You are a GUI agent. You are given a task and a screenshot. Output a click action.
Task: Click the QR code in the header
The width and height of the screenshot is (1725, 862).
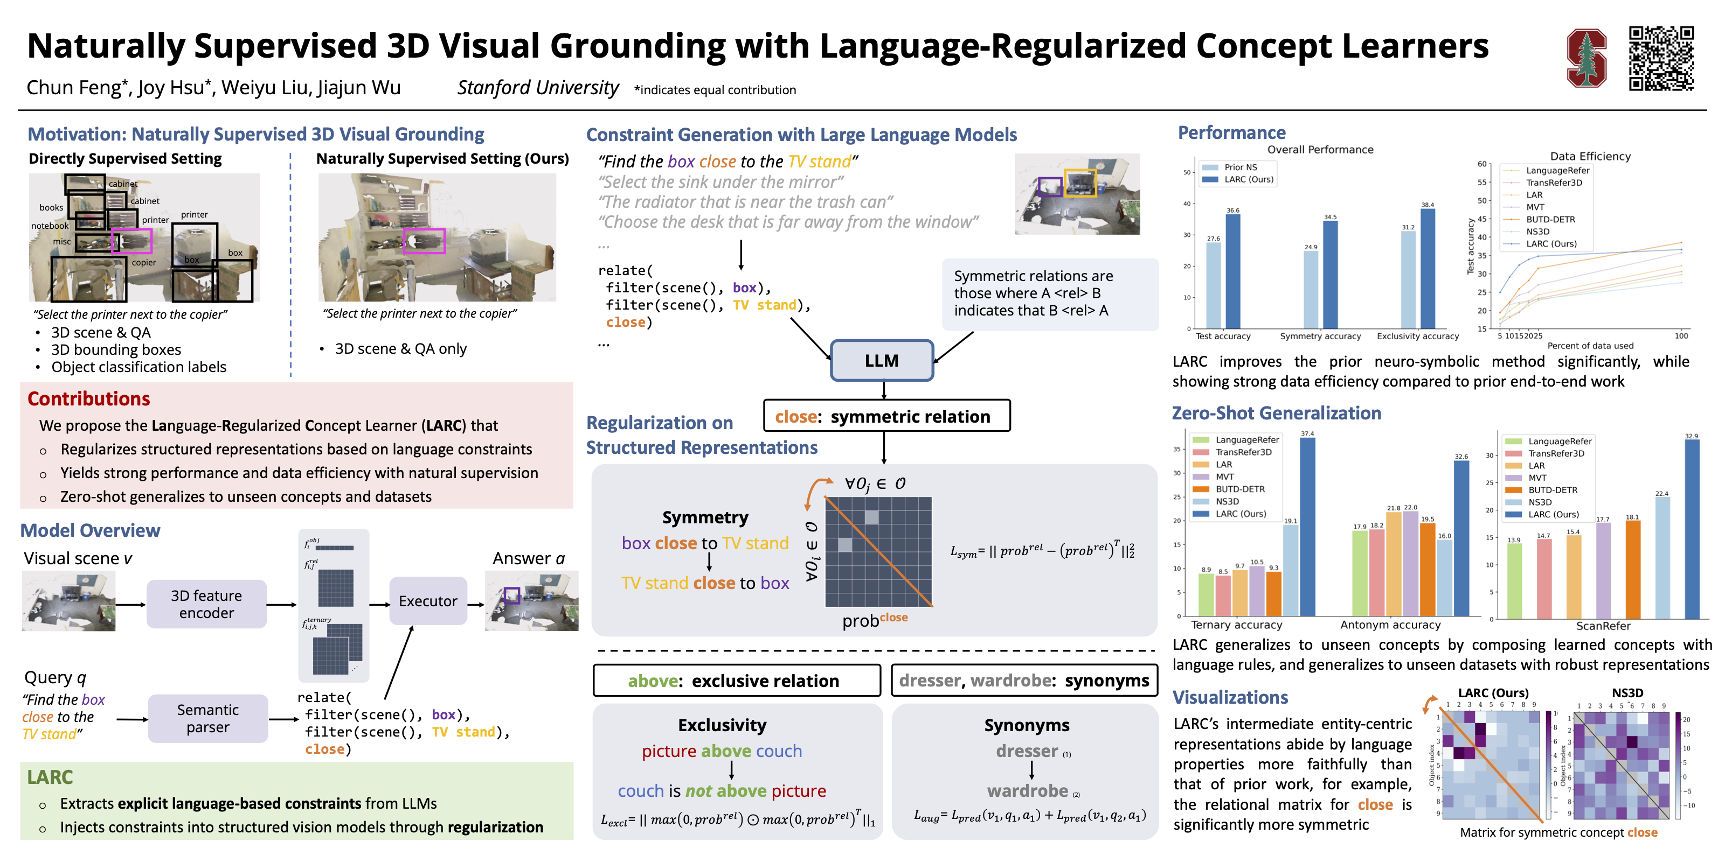pos(1661,58)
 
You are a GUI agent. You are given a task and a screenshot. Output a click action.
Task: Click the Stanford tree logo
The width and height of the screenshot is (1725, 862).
pos(1587,58)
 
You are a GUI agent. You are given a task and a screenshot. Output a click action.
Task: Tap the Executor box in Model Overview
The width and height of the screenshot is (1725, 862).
pos(428,601)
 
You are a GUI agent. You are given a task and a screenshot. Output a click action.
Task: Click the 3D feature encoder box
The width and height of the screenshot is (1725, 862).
pos(206,604)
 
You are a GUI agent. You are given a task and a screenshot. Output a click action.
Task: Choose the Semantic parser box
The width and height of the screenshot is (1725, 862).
pos(207,719)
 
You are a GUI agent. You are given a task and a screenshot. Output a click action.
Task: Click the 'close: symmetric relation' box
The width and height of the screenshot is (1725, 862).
pos(886,416)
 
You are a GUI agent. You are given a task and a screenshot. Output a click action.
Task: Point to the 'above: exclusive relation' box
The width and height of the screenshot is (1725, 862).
pos(736,681)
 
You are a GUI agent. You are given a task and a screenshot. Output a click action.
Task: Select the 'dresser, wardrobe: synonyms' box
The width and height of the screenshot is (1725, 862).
pos(1024,681)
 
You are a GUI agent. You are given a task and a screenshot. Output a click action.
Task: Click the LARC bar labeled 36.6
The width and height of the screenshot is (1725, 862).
pos(1233,271)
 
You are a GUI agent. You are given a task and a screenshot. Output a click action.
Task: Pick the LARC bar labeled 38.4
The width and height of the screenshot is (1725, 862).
pos(1428,268)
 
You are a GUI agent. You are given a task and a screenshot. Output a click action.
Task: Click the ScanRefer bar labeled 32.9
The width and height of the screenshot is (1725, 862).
pos(1692,529)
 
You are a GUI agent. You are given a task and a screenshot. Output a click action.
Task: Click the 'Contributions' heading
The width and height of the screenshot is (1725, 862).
pos(88,399)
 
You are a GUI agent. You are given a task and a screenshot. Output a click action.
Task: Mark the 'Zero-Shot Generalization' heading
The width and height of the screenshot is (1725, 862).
pos(1276,413)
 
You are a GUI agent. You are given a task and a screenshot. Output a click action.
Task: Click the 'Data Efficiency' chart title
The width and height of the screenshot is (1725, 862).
pos(1590,156)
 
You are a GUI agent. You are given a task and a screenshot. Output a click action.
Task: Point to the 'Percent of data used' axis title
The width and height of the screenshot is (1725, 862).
pos(1590,345)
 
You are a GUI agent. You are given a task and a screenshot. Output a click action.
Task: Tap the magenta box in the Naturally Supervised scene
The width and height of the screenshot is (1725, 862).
pos(425,241)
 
